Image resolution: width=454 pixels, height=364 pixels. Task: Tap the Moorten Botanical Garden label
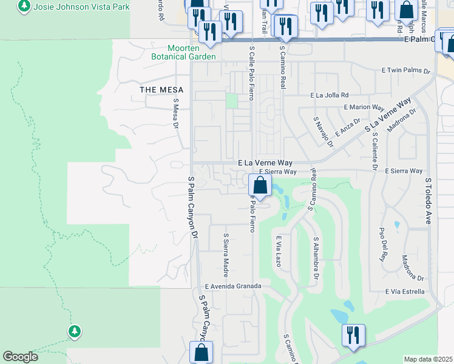coord(192,52)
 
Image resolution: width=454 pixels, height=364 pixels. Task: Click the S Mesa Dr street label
coord(176,113)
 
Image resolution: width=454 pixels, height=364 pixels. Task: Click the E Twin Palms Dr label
coord(406,71)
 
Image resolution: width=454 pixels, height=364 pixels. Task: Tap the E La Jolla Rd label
coord(330,95)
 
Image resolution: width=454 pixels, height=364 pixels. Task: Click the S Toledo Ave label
coord(428,201)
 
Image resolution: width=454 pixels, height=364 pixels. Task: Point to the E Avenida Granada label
coord(233,286)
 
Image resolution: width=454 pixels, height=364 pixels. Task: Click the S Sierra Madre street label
coord(226,253)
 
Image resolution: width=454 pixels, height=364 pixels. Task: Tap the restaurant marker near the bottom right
coord(352,335)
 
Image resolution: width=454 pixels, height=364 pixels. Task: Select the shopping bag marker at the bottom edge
coord(201,352)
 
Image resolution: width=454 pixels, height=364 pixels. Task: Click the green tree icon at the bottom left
coord(74,331)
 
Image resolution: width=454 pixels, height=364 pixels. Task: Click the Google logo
coord(21,357)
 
